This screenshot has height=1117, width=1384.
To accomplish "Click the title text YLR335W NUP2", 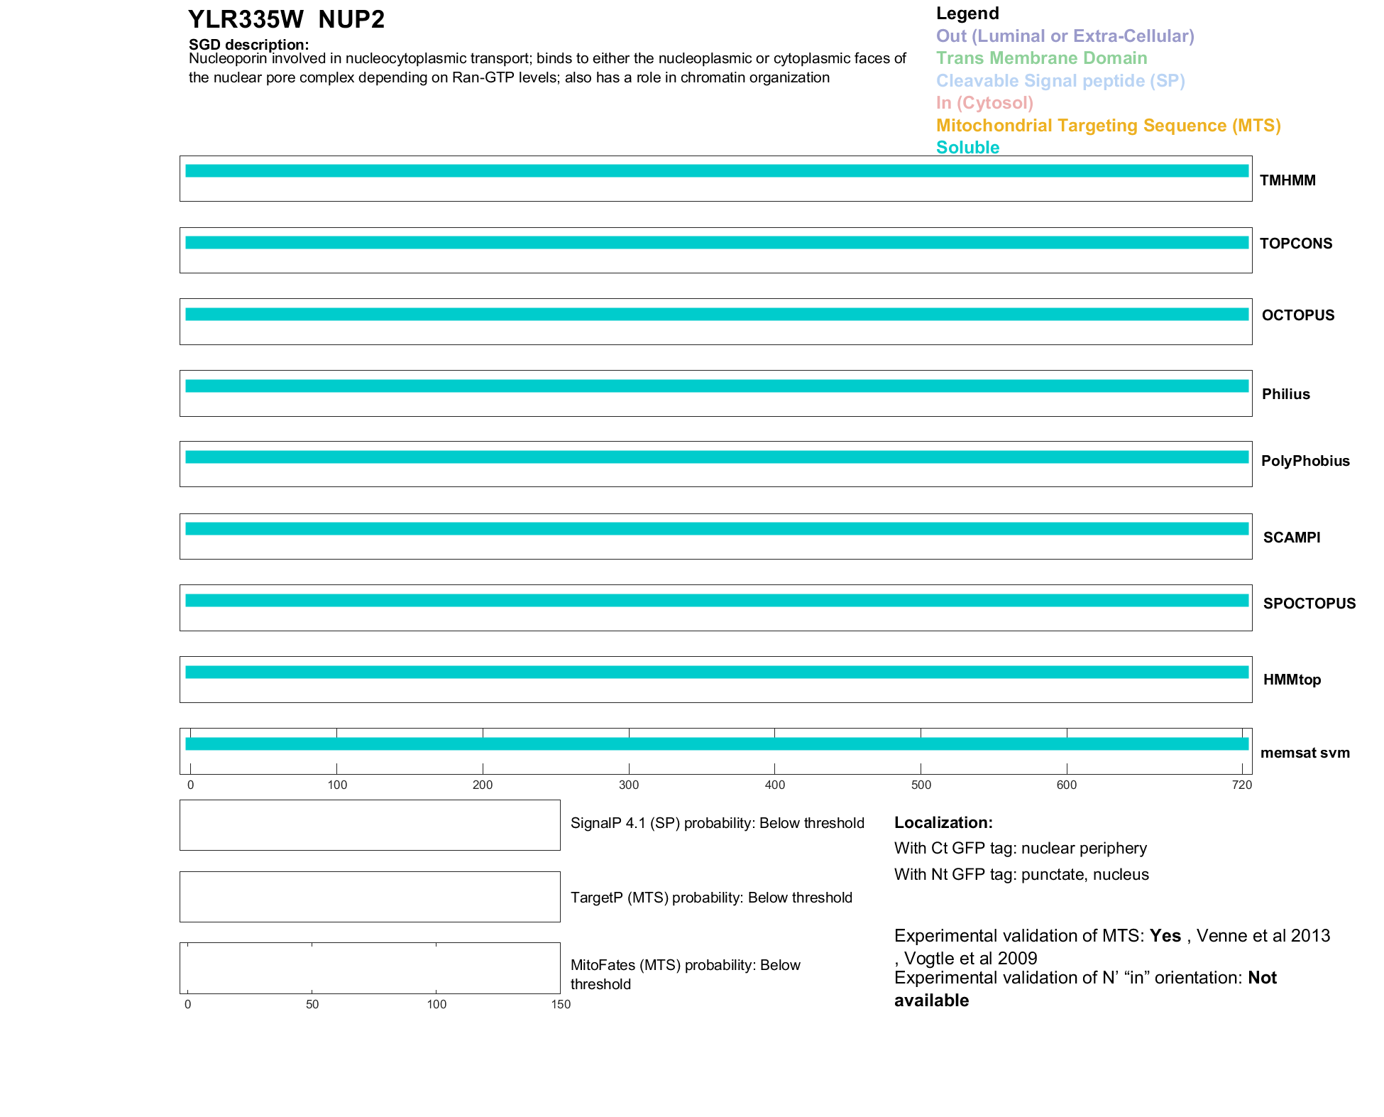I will tap(286, 20).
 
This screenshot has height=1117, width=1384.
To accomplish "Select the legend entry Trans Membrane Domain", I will tap(1041, 58).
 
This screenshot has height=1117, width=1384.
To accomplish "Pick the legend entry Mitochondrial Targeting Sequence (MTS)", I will tap(1108, 126).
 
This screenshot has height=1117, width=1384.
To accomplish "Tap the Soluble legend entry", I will tap(967, 148).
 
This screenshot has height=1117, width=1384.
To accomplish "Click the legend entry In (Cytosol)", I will tap(984, 103).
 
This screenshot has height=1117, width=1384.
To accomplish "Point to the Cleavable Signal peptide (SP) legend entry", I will tap(1060, 81).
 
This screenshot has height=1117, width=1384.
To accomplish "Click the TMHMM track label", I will tap(1287, 180).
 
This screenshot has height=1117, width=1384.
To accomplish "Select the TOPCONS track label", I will tap(1296, 244).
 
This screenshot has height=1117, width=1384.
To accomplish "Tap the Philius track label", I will tap(1285, 394).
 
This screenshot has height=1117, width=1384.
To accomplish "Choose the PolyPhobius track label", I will tap(1305, 461).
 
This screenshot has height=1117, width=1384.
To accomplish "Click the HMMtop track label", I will tap(1292, 680).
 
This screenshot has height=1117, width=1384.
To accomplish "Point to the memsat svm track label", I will tap(1305, 753).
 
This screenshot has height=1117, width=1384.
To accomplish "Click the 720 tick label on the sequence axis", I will tap(1242, 785).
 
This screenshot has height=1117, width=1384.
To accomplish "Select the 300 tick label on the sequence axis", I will tap(629, 785).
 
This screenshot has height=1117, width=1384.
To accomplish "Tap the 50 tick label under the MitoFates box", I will tap(312, 1004).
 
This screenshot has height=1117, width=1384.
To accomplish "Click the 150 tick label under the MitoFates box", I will tap(561, 1004).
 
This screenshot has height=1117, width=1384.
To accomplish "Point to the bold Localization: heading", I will tap(943, 822).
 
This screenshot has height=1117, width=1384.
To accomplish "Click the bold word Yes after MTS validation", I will tap(1165, 936).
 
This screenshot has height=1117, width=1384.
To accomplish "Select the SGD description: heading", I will tap(248, 45).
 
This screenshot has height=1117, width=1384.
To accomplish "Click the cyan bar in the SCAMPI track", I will tap(717, 528).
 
